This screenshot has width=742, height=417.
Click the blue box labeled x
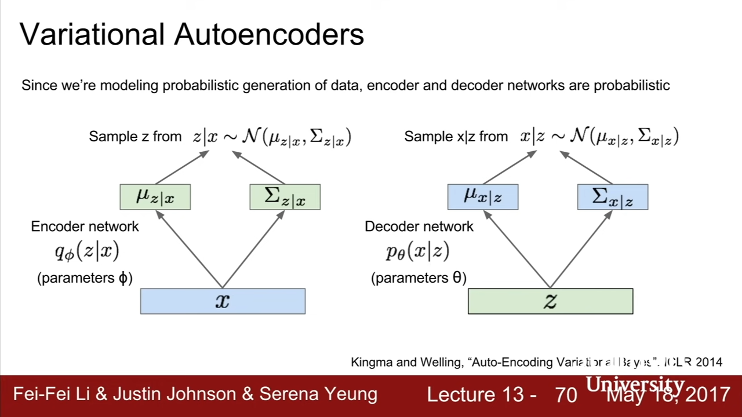coord(223,301)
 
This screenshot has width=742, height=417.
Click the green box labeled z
coord(550,301)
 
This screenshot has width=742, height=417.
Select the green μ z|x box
coord(155,197)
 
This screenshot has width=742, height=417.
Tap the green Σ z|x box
coord(285,197)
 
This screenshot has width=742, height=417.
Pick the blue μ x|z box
coord(483,197)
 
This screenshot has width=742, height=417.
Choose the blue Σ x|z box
coord(613,197)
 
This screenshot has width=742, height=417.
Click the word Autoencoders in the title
coord(269,35)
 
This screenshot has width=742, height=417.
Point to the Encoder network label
coord(85,226)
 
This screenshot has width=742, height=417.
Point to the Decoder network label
coord(419,226)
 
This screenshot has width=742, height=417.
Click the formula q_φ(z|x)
coord(87,251)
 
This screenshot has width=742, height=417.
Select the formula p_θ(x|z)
coord(417,251)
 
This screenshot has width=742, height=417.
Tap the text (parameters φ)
coord(85,278)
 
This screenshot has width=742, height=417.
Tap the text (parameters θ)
coord(419,278)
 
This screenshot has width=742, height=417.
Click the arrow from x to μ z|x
coord(189,250)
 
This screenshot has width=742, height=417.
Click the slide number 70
coord(566,395)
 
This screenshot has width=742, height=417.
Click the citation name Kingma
coord(371,363)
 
